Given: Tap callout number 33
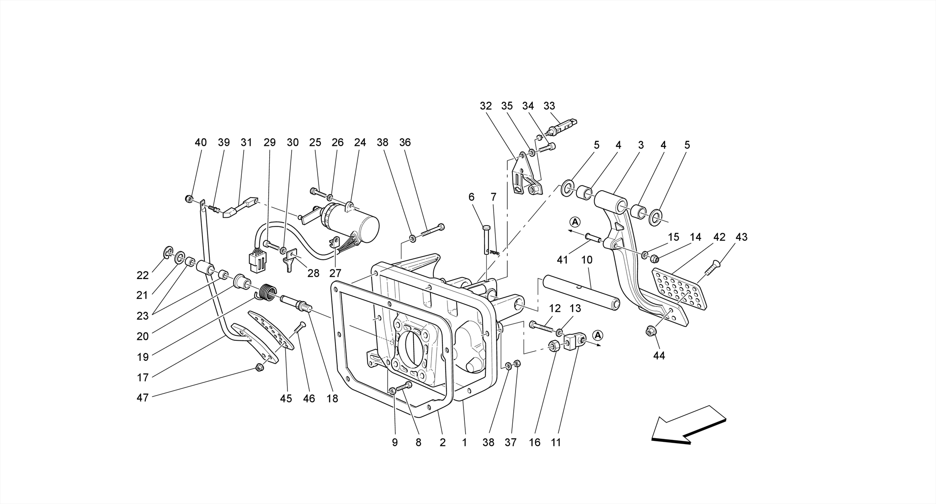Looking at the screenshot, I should pyautogui.click(x=549, y=106).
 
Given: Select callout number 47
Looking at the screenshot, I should pyautogui.click(x=143, y=398).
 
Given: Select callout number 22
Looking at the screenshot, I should pyautogui.click(x=143, y=275).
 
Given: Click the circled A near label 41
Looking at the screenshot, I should pyautogui.click(x=575, y=222).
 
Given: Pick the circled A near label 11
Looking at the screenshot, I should pyautogui.click(x=598, y=336).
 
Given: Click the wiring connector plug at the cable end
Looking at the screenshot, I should pyautogui.click(x=257, y=262).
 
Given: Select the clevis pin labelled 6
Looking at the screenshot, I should pyautogui.click(x=487, y=238).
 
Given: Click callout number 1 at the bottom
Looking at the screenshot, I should pyautogui.click(x=464, y=442).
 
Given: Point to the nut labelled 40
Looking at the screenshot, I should pyautogui.click(x=188, y=198).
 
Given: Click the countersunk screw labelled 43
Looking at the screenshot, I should pyautogui.click(x=711, y=268).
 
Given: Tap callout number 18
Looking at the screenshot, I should pyautogui.click(x=332, y=399).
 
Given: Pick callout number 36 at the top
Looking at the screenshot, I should pyautogui.click(x=405, y=143).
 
